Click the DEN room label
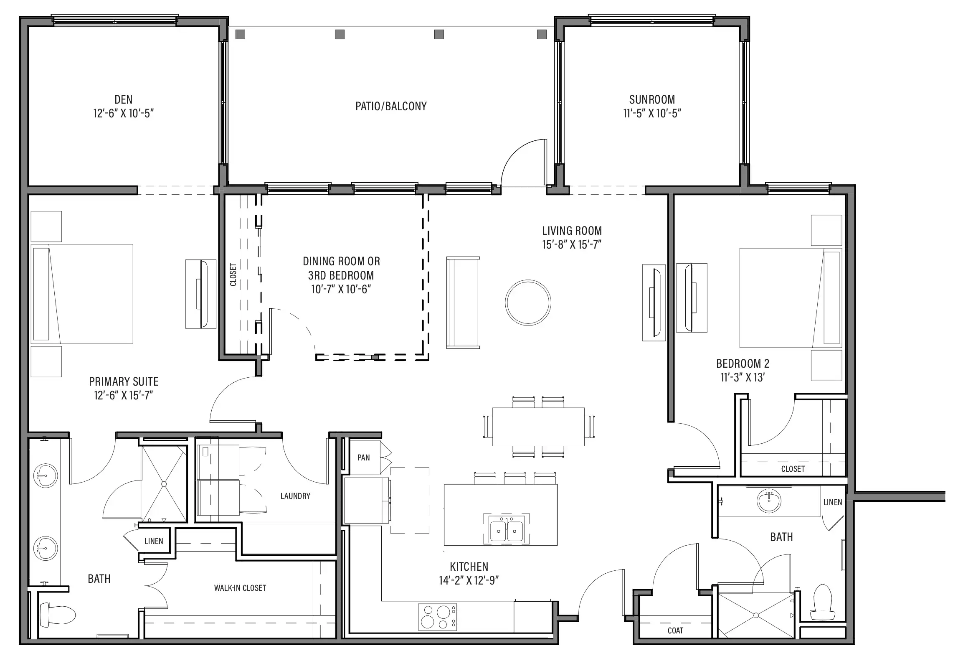point(123,99)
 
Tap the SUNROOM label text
point(652,99)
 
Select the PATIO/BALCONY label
point(391,106)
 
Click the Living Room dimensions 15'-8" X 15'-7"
point(572,244)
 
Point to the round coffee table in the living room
point(528,303)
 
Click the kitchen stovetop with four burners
point(437,617)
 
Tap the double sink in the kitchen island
point(506,529)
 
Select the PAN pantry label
point(363,458)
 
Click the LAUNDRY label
point(295,496)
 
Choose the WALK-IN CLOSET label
point(240,588)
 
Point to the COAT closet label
point(675,630)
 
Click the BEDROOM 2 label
point(743,364)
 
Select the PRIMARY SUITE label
point(124,381)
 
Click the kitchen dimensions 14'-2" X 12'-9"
point(469,580)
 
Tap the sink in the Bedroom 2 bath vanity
point(769,501)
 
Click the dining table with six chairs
point(539,427)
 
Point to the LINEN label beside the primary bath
point(154,541)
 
